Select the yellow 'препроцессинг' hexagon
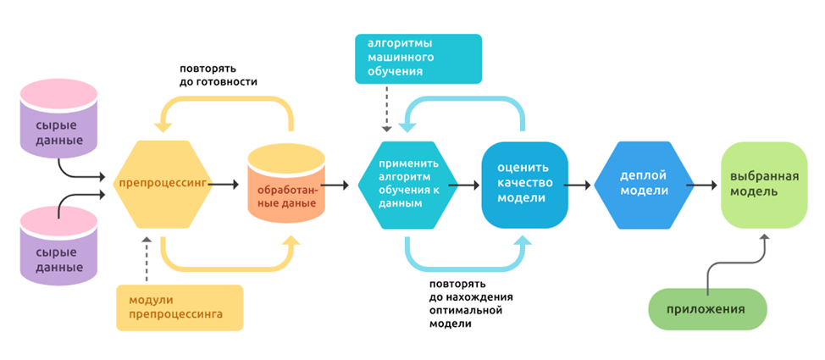coord(162,183)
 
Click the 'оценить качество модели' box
coord(524,184)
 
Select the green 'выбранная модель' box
coord(765,184)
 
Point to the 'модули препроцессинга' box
coord(180,307)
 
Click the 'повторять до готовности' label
coord(219,75)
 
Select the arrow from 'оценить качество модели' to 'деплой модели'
coord(580,184)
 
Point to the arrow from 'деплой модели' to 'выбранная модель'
coord(702,184)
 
